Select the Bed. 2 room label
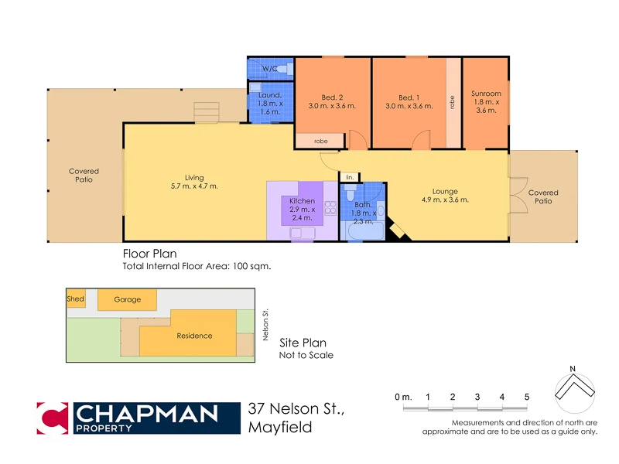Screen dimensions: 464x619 332,97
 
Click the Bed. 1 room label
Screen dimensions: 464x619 409,97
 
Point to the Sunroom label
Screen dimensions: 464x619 486,94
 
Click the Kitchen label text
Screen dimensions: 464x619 302,201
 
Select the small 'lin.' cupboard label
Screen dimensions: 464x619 350,177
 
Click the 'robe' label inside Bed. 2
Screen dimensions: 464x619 320,142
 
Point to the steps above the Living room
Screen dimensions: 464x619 207,113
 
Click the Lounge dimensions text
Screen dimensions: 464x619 445,200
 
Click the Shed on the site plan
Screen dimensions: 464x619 76,299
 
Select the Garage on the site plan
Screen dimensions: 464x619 127,299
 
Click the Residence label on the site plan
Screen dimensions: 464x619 194,336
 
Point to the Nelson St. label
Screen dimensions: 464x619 265,326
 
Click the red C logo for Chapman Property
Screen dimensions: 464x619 52,418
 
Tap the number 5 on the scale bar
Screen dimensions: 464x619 527,397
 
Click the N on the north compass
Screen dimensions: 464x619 572,367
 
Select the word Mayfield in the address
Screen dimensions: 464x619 280,427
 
